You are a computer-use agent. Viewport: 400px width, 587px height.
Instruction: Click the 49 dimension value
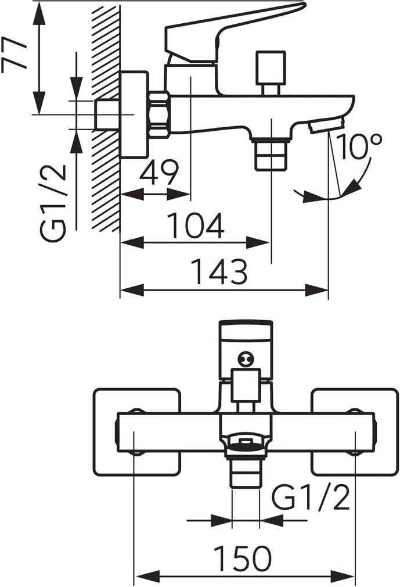159,173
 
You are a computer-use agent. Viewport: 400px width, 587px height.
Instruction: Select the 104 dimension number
195,226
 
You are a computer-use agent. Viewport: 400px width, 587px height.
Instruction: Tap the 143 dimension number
219,273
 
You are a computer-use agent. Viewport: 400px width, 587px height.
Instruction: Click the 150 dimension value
244,559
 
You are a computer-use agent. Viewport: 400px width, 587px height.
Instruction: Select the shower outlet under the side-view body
271,154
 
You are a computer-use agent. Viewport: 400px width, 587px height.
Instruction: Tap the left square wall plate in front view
136,431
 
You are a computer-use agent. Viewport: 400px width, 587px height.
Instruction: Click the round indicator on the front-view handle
244,360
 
